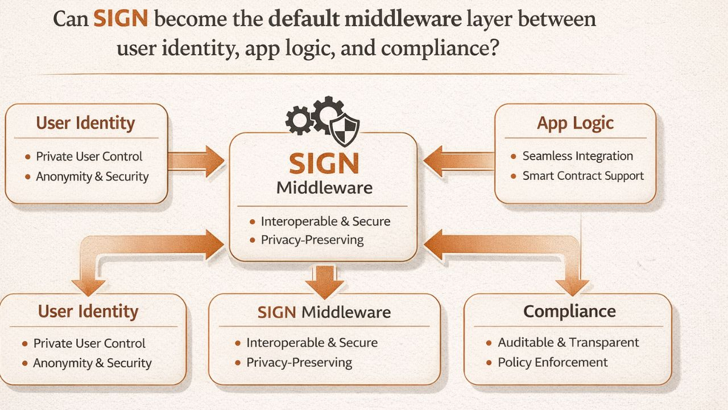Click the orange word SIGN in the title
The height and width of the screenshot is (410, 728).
coord(121,19)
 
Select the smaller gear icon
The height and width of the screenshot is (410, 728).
coord(299,120)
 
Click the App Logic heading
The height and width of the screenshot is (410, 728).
coord(575,124)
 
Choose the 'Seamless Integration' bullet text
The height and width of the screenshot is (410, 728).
coord(577,156)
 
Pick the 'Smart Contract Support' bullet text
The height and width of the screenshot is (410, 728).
coord(583,175)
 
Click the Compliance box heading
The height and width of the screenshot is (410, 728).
coord(569,311)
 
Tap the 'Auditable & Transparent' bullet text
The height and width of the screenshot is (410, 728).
coord(568,342)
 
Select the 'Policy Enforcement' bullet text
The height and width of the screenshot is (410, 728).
coord(553,362)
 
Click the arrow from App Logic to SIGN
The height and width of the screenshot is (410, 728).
coord(458,161)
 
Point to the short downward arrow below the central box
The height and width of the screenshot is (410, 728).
coord(324,280)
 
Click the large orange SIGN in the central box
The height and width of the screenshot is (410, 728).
coord(324,164)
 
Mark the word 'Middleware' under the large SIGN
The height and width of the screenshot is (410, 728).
coord(324,188)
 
